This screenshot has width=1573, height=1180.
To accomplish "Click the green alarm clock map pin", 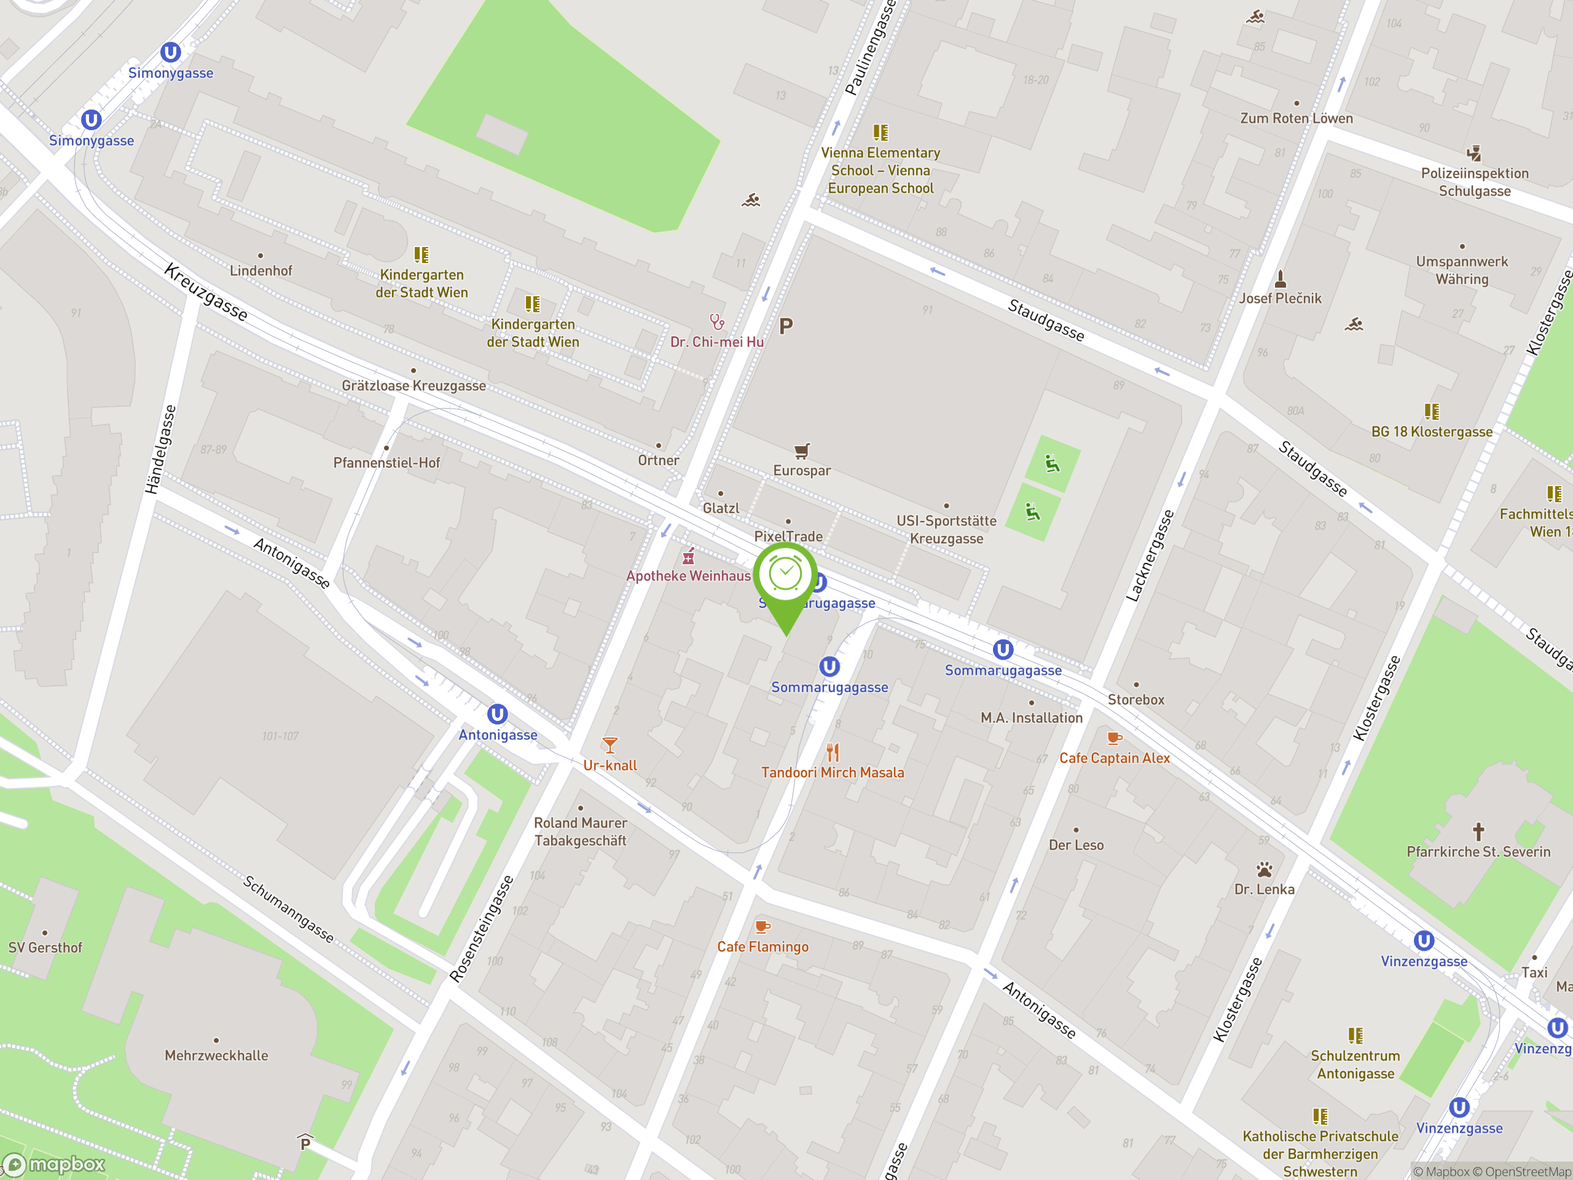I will [x=786, y=576].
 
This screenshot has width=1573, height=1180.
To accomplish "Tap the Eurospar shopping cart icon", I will [x=802, y=451].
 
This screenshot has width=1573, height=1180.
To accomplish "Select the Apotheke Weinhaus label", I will [x=688, y=576].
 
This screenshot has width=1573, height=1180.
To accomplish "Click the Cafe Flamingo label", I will [x=763, y=946].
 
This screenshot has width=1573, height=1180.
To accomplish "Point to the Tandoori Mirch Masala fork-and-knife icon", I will [x=833, y=752].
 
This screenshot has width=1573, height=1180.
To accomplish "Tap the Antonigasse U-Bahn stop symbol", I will [x=497, y=714].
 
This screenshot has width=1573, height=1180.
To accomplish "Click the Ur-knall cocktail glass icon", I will [x=610, y=745].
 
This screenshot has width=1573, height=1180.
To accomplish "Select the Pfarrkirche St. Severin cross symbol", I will [x=1478, y=831].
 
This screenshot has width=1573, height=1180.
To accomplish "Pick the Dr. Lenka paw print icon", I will [x=1264, y=869].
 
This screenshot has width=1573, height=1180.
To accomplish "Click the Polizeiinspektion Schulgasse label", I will [x=1474, y=182].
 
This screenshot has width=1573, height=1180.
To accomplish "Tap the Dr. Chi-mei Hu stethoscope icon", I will [x=717, y=322].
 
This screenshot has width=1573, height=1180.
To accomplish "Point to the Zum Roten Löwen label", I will [x=1296, y=119].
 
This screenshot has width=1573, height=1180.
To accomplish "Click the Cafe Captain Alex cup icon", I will [x=1115, y=738].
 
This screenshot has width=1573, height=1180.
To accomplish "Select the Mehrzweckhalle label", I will [x=216, y=1055].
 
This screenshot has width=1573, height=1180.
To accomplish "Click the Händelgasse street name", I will [x=161, y=449].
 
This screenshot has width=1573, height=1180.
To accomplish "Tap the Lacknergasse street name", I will [x=1150, y=556].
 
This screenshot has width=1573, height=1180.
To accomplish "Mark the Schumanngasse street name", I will [x=288, y=909].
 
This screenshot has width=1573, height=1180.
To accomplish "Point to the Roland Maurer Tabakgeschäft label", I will [x=580, y=832].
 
